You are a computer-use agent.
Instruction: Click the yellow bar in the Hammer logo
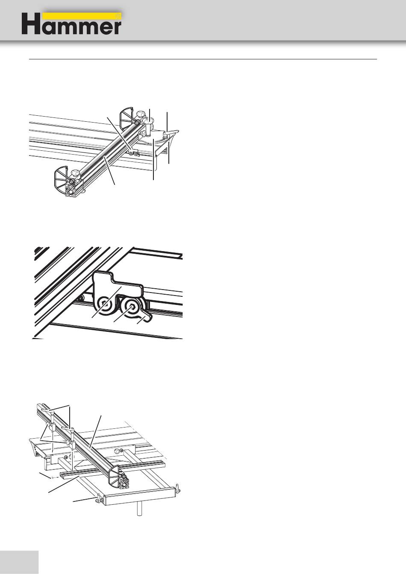(82, 16)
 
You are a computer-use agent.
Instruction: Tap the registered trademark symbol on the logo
(118, 16)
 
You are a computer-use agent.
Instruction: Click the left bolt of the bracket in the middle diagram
(105, 304)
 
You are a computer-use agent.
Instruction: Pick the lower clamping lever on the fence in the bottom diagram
(68, 428)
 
